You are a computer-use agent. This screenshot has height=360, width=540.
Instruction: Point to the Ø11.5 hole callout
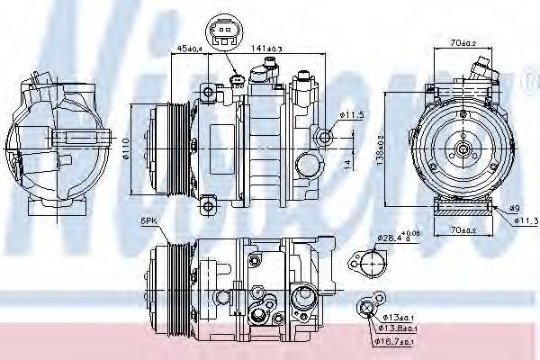click(354, 114)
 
